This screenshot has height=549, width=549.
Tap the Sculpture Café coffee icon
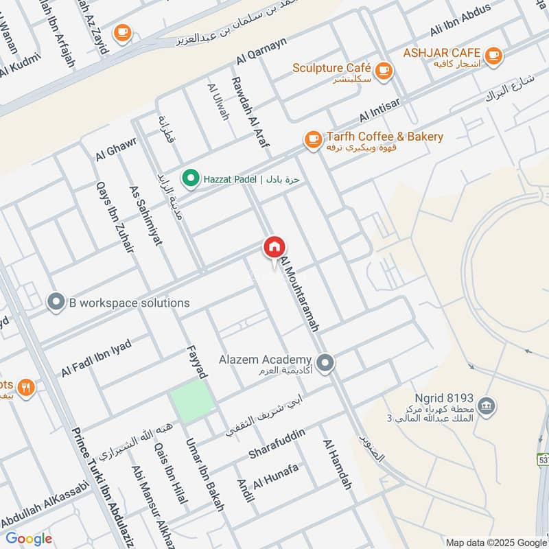(x=383, y=69)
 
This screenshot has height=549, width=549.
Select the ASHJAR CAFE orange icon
(x=493, y=54)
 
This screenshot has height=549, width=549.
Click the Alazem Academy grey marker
(x=325, y=361)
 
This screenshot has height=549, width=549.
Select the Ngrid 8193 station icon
(x=486, y=404)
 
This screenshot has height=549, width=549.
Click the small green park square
(x=191, y=400)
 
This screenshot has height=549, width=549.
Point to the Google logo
(x=29, y=539)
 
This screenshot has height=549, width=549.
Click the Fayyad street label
(x=196, y=362)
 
